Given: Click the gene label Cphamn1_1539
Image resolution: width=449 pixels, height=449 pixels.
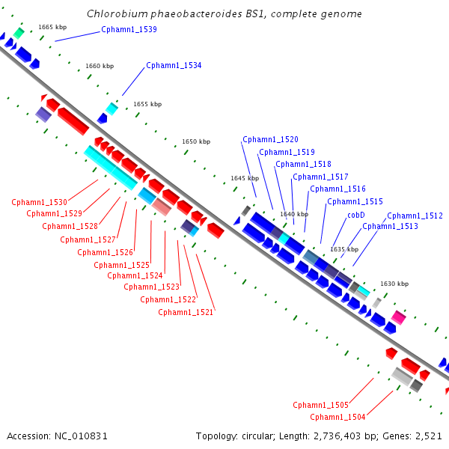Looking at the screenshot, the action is [129, 29].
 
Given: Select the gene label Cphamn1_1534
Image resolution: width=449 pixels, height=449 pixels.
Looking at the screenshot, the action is [174, 66].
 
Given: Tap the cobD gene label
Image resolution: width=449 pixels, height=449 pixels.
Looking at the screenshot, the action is [356, 215].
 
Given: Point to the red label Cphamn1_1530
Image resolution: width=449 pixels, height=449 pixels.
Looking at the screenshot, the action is [39, 203].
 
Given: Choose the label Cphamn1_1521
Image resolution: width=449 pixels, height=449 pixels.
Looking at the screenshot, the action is [186, 312].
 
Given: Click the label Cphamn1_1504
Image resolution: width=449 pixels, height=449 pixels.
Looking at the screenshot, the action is [337, 417].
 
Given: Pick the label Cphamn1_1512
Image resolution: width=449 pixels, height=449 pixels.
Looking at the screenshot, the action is [415, 216].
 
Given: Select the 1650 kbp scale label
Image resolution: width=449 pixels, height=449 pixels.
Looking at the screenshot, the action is [196, 141].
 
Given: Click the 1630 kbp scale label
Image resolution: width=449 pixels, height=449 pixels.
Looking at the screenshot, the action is [394, 284].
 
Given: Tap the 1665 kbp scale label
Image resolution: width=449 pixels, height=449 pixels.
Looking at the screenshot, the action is [52, 27].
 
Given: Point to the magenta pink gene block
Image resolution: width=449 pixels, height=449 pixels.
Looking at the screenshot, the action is [399, 317].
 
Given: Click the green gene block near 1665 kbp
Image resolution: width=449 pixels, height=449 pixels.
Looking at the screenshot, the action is [19, 33].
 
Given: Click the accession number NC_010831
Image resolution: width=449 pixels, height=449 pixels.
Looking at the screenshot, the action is [81, 436].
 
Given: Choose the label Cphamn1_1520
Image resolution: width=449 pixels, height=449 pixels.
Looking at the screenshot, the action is [270, 139].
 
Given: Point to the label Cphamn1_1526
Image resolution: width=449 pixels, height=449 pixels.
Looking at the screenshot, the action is [105, 253].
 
